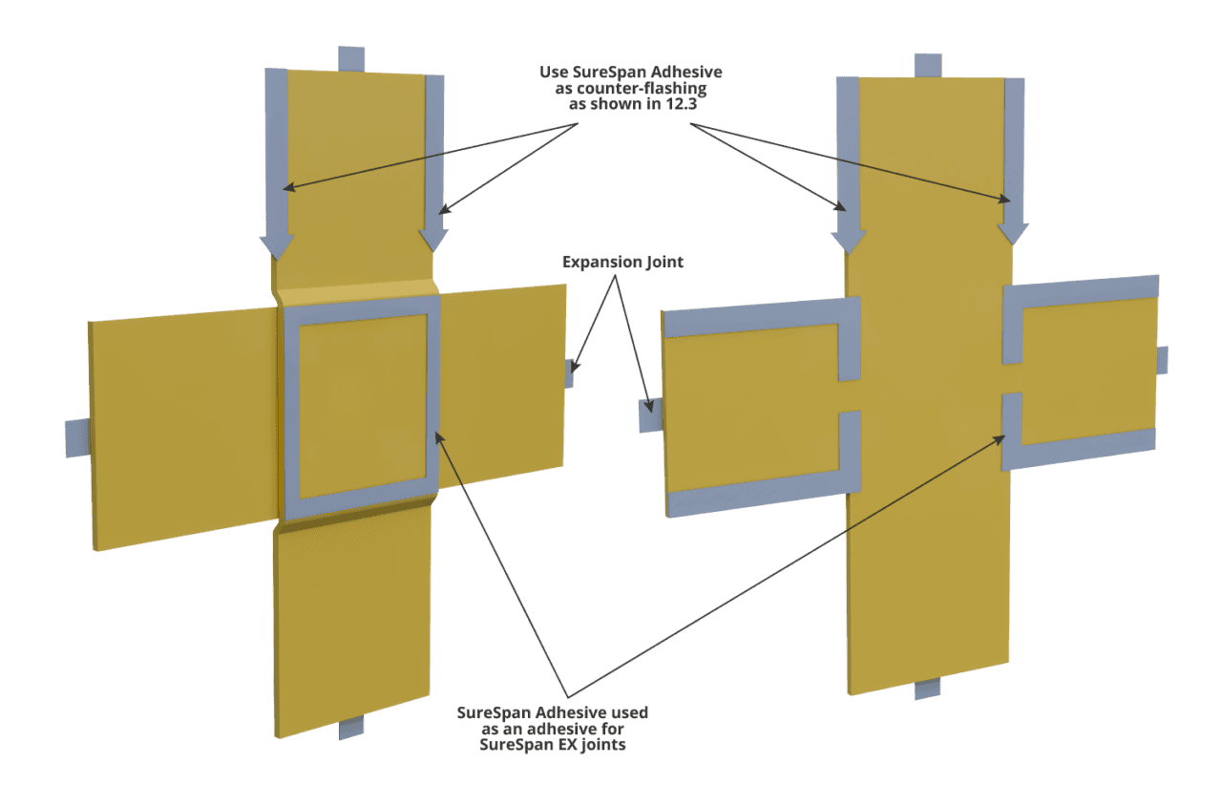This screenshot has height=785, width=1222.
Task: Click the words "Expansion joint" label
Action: coord(622,261)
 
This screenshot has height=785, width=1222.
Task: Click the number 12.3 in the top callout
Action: coord(655,104)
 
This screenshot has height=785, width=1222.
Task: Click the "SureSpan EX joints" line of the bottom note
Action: coord(555,744)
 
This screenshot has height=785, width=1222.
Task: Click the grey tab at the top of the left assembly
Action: coord(351,57)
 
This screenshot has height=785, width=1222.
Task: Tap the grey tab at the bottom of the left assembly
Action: coord(351,728)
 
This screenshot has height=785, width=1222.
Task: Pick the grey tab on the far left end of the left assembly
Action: coord(76,437)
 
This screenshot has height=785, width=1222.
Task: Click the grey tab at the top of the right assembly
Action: coord(928,65)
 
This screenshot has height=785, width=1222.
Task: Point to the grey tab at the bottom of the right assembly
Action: coord(928,689)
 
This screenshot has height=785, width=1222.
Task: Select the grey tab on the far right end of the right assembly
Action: coord(1162,360)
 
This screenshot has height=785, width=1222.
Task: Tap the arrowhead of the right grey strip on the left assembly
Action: coord(433,233)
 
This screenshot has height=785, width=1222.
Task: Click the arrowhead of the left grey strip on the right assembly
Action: coord(848,236)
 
